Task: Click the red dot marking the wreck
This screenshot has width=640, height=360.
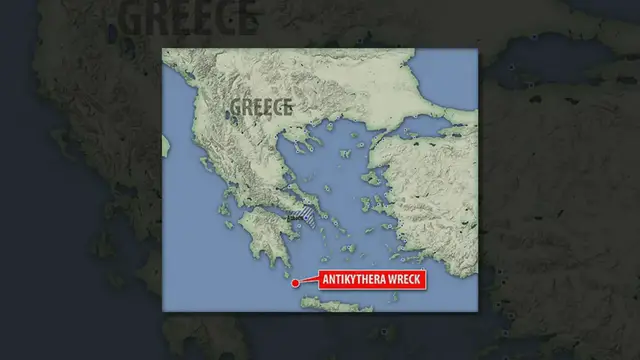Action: tap(295, 283)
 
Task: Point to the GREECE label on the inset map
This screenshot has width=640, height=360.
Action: tap(261, 106)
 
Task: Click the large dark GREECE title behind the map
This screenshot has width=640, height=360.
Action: tap(188, 17)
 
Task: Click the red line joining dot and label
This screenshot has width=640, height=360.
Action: tap(308, 282)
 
